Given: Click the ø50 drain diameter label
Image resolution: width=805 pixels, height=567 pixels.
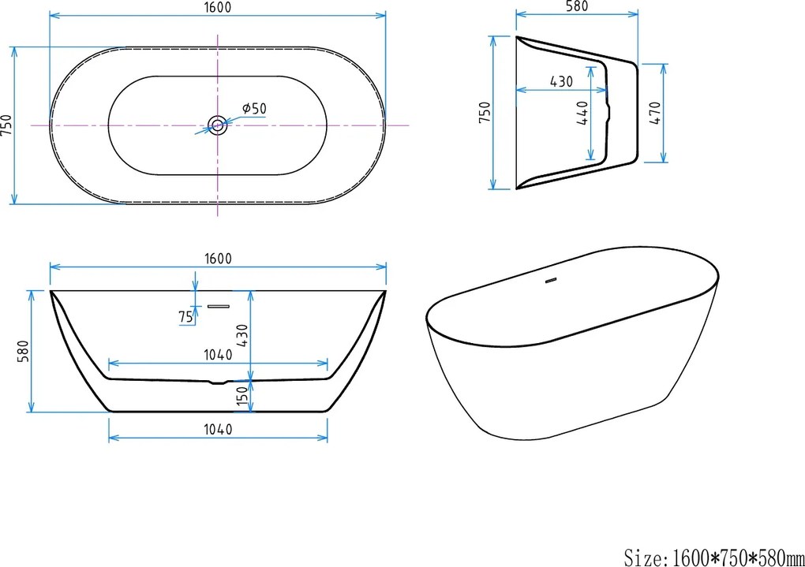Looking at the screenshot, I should (x=254, y=108).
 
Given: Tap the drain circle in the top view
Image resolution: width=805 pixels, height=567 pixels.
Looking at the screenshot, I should (x=216, y=125).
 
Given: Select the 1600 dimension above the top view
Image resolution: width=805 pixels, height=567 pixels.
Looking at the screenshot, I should (x=218, y=6).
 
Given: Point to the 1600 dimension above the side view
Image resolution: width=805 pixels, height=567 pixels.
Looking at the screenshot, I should (x=218, y=259).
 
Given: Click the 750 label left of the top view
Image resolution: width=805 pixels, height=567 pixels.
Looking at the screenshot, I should (x=7, y=125).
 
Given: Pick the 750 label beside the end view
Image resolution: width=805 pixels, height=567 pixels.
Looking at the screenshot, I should (x=485, y=111).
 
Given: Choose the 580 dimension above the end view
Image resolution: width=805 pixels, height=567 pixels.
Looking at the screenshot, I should (x=577, y=6).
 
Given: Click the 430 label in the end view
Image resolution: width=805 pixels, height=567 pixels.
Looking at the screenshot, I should (x=561, y=80).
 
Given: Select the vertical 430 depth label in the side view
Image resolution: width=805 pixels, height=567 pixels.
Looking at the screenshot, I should (x=242, y=338).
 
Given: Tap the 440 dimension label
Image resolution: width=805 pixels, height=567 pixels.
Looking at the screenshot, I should (x=582, y=116).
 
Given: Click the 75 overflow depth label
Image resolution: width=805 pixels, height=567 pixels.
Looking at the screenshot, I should (x=186, y=316).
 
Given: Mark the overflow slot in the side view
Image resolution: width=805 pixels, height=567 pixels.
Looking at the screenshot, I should (x=217, y=304).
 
